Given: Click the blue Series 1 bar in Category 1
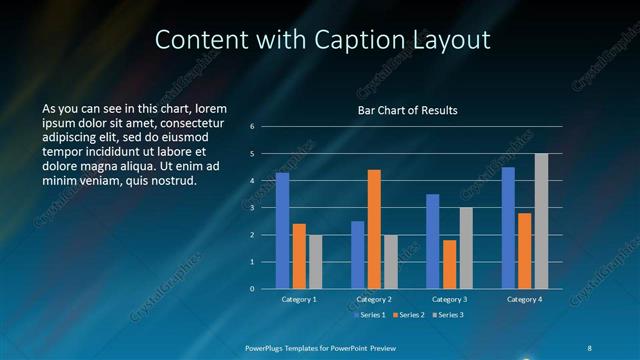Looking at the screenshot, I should pos(283,231).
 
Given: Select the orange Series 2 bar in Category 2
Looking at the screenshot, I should pos(374,229).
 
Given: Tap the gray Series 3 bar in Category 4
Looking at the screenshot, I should pos(541,221).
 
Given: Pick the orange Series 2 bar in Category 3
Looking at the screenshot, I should pos(449,264).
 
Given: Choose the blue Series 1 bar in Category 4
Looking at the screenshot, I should pos(508,228).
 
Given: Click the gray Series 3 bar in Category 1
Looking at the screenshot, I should pos(315,262).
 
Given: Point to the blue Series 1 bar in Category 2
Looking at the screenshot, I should pos(358,255).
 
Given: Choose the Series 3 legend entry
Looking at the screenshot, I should pos(447,315).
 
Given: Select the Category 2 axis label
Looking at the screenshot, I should pos(374,299).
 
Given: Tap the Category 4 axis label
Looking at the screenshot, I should pos(524,299).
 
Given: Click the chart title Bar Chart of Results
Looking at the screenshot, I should pos(407,110).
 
